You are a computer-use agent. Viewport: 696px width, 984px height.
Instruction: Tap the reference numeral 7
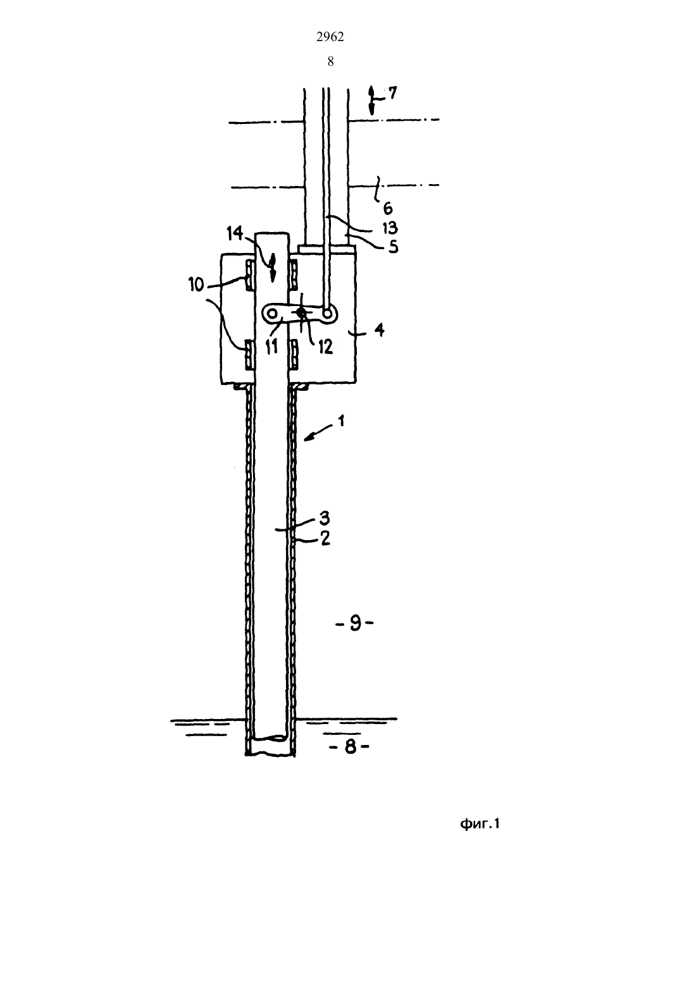(x=392, y=93)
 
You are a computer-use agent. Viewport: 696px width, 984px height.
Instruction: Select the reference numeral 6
(x=387, y=208)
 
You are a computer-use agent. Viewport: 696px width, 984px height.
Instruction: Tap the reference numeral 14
(x=235, y=233)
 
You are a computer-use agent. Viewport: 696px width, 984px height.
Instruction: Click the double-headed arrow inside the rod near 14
(x=272, y=268)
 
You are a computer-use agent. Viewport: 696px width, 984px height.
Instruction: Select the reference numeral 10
(x=196, y=285)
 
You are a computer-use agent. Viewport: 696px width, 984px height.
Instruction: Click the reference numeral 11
(x=271, y=347)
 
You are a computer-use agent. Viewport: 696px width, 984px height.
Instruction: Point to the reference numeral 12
(x=325, y=347)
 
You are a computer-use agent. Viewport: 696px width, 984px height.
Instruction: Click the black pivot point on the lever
(x=301, y=313)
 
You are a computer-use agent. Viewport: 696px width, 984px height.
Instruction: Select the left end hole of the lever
(x=273, y=314)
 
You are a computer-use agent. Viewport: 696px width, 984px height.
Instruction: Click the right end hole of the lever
(x=328, y=314)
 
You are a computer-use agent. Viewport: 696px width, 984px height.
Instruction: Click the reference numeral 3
(x=325, y=518)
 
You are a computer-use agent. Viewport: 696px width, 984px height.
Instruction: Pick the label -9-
(x=355, y=624)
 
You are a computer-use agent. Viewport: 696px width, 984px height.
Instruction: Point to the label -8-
(x=350, y=747)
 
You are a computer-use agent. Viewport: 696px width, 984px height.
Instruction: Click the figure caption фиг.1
(x=480, y=823)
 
